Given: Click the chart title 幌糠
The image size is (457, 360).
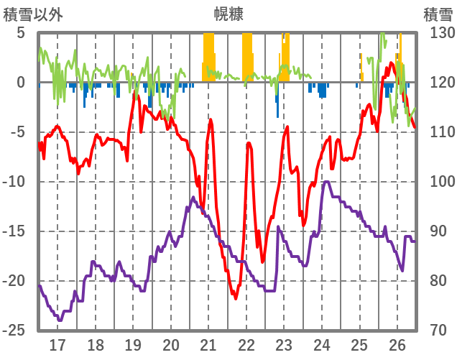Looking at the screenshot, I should [228, 14].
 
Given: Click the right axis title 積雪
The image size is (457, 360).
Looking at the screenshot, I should [438, 14].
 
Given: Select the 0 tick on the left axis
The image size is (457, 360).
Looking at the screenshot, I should [21, 83].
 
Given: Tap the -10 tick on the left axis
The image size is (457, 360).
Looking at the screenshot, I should [15, 182].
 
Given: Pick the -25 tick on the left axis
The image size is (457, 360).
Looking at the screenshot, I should [15, 331].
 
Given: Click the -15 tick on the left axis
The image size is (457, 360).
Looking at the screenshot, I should [15, 231].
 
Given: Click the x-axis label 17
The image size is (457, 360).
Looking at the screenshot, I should [57, 345].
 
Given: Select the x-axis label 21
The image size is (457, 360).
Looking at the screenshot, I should [208, 345].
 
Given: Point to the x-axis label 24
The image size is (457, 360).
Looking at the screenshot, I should [322, 345].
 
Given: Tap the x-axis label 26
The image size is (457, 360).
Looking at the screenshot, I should [397, 345].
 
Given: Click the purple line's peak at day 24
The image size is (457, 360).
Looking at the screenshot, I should [326, 182].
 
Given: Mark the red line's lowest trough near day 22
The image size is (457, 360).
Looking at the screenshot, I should [235, 297].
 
